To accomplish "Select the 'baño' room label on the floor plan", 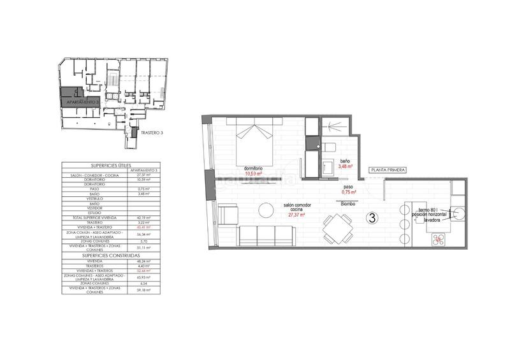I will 345,161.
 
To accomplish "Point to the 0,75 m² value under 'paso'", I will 348,192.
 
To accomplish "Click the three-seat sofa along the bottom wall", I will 267,236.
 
